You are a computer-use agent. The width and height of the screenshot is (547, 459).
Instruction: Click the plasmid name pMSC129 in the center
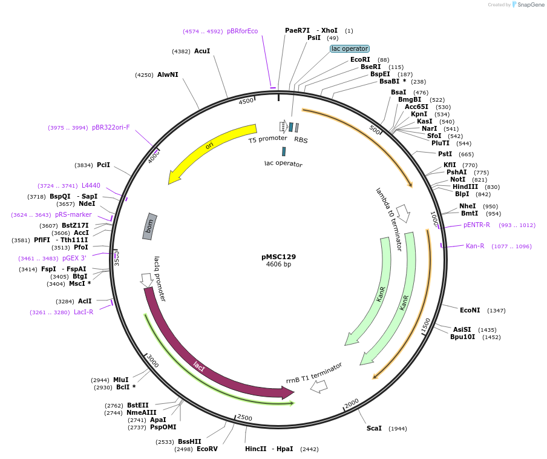pyautogui.click(x=278, y=256)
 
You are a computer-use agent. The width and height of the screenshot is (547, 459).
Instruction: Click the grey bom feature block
pyautogui.click(x=150, y=226)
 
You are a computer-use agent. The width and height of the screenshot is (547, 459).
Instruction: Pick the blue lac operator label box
pyautogui.click(x=350, y=48)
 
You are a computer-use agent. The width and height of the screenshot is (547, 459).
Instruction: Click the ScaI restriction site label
pyautogui.click(x=374, y=428)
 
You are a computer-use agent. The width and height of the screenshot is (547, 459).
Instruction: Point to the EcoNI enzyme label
pyautogui.click(x=470, y=310)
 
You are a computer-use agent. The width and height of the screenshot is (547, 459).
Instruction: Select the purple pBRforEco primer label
pyautogui.click(x=242, y=31)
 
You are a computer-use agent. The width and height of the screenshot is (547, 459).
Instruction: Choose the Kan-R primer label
pyautogui.click(x=475, y=246)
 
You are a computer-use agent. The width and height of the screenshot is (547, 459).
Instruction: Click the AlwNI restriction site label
pyautogui.click(x=168, y=74)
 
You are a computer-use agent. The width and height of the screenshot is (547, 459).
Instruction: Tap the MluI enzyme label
pyautogui.click(x=120, y=380)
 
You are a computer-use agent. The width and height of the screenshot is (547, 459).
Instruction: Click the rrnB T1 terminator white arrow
pyautogui.click(x=319, y=386)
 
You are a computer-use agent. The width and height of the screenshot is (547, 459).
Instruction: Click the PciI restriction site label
pyautogui.click(x=103, y=165)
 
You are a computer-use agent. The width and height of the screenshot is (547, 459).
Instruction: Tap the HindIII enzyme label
pyautogui.click(x=465, y=187)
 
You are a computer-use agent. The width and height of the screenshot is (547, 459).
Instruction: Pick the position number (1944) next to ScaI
pyautogui.click(x=398, y=429)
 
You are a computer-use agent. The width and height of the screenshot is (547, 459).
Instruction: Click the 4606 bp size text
pyautogui.click(x=278, y=264)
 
